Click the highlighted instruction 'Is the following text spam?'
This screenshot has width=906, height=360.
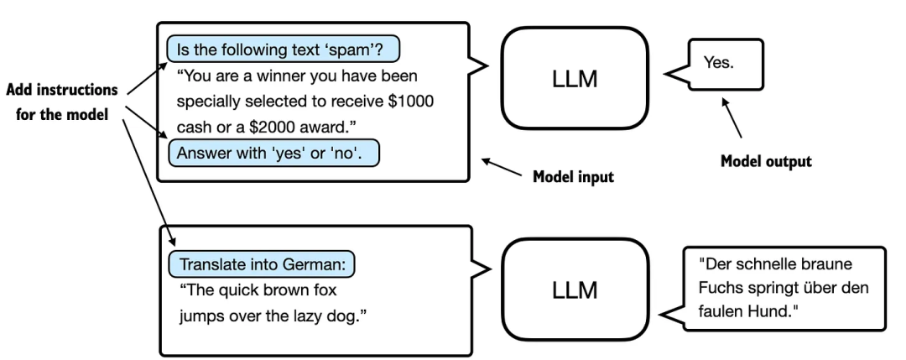(x=284, y=50)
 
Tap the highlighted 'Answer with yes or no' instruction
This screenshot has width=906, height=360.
(x=273, y=153)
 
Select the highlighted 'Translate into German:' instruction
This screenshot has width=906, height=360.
(x=262, y=264)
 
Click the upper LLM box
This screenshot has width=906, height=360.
(x=575, y=79)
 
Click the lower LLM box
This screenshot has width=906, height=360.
(x=575, y=290)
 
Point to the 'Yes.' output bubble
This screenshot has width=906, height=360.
(x=725, y=64)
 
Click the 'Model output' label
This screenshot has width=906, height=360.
(x=766, y=161)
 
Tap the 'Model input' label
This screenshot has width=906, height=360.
(x=573, y=176)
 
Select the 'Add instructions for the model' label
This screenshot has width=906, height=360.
(x=62, y=102)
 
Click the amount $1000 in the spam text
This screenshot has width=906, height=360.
(x=410, y=102)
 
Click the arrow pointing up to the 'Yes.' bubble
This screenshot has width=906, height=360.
(x=732, y=117)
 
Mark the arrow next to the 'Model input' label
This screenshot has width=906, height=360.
(x=502, y=167)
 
